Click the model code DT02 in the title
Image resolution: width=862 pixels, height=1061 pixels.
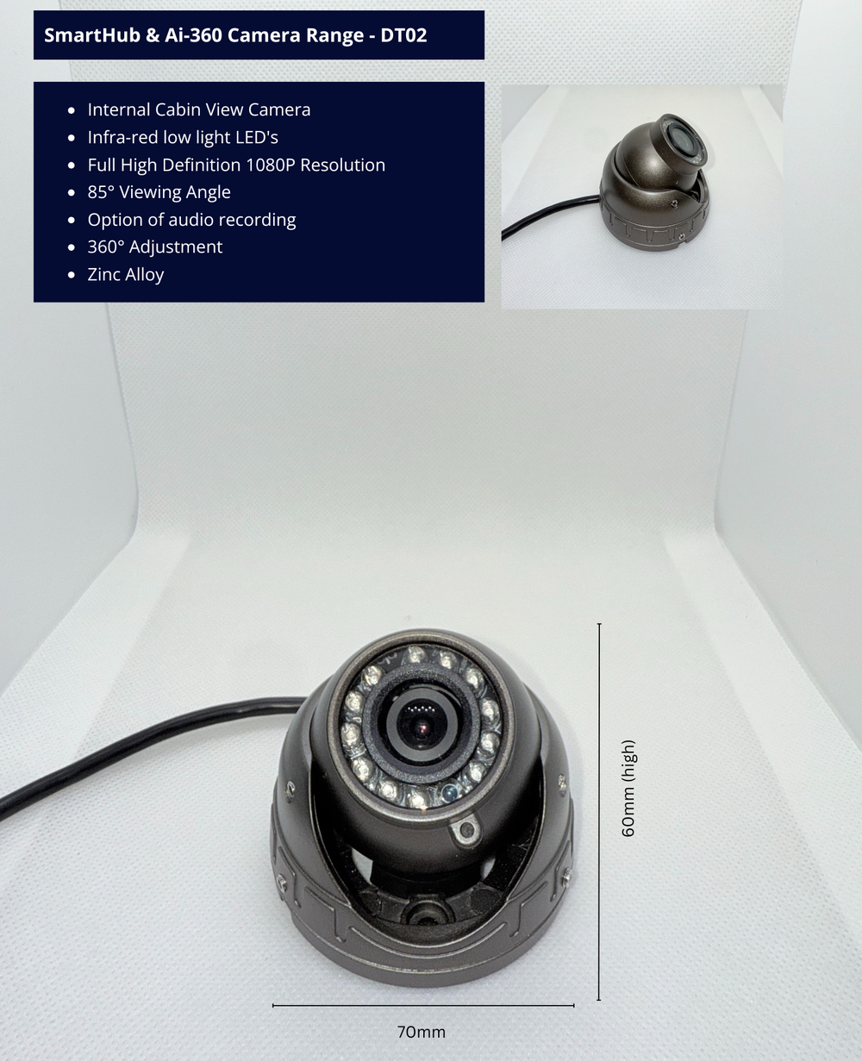pos(403,35)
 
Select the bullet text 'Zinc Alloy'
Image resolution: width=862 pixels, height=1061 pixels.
pos(126,274)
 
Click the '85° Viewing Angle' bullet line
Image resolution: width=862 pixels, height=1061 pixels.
pos(159,192)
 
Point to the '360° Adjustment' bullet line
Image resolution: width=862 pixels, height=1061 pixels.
pos(155,247)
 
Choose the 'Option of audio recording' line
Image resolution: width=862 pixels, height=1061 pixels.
pos(192,220)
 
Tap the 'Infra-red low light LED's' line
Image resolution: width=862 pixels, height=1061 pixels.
pos(183,138)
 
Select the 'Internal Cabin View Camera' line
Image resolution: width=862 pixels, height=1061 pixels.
pos(199,109)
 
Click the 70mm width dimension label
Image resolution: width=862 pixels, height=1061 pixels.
pos(421,1032)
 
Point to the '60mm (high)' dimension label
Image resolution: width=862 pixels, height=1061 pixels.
pos(628,788)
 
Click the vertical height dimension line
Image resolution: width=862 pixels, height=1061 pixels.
pos(599,811)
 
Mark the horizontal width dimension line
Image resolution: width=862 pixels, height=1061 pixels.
pos(423,1005)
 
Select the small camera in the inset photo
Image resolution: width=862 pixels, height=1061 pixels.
pos(654,183)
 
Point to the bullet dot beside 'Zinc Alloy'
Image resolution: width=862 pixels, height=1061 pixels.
pos(72,274)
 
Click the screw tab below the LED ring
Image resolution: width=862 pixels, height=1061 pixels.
pos(465,830)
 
